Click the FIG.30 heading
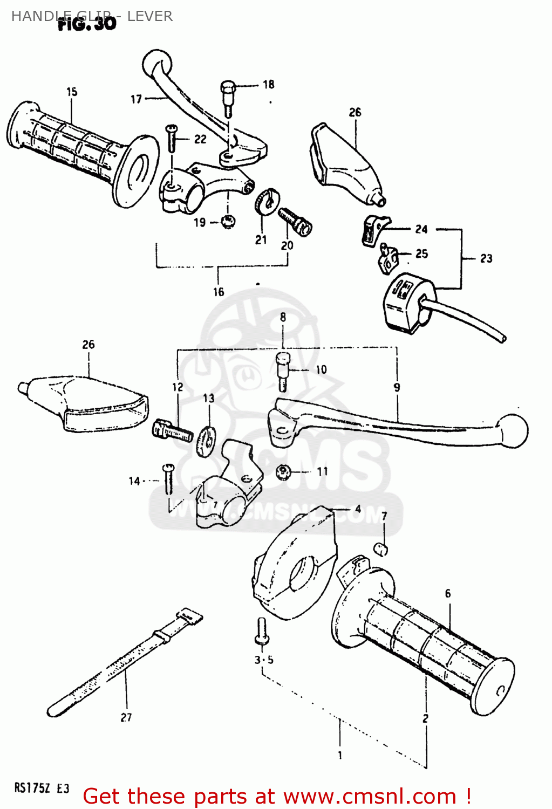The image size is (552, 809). pyautogui.click(x=87, y=23)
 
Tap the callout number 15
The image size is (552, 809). pyautogui.click(x=72, y=92)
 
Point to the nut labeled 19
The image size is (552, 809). pyautogui.click(x=228, y=221)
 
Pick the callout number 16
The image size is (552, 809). pyautogui.click(x=219, y=292)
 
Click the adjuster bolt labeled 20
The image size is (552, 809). pyautogui.click(x=295, y=221)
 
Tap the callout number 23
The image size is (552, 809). pyautogui.click(x=486, y=258)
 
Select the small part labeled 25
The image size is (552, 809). pyautogui.click(x=388, y=258)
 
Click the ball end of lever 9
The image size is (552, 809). pyautogui.click(x=513, y=430)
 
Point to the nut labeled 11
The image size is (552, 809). pyautogui.click(x=283, y=471)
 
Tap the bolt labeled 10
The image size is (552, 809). pyautogui.click(x=282, y=371)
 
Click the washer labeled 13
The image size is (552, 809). pyautogui.click(x=207, y=440)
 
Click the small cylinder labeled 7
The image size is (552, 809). pyautogui.click(x=381, y=550)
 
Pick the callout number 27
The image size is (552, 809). pyautogui.click(x=126, y=717)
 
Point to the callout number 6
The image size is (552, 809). pyautogui.click(x=448, y=593)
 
